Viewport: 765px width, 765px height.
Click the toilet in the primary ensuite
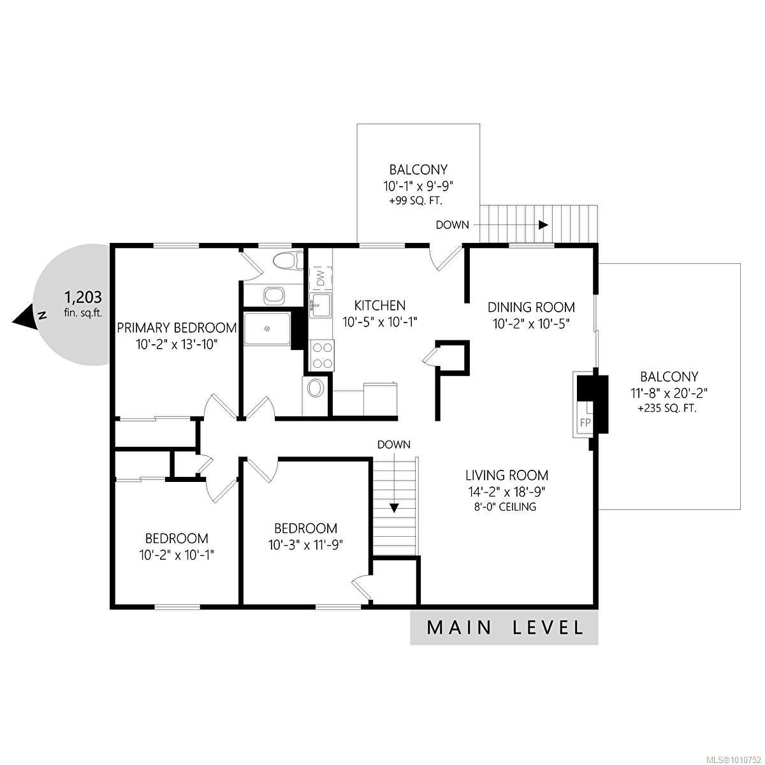tap(284, 261)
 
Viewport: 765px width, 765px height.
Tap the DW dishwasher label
tap(321, 277)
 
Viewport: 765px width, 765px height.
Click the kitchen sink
tap(321, 305)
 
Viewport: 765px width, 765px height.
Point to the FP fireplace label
tap(585, 423)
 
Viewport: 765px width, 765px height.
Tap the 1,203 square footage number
tap(84, 296)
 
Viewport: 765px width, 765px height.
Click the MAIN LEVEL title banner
tap(504, 628)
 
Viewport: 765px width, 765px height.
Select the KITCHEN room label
tap(380, 306)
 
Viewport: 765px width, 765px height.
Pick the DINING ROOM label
tap(531, 307)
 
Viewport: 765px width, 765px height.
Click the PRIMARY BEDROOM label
tap(177, 328)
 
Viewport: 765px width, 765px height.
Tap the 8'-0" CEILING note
tap(507, 507)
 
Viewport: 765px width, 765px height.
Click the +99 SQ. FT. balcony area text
tap(416, 201)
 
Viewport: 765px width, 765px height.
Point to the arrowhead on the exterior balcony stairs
tap(543, 224)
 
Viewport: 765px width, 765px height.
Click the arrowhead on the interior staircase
tap(394, 507)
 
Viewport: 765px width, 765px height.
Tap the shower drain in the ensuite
tap(267, 328)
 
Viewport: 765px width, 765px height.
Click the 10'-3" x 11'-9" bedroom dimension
tap(305, 545)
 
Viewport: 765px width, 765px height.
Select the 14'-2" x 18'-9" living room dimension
tap(507, 492)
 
